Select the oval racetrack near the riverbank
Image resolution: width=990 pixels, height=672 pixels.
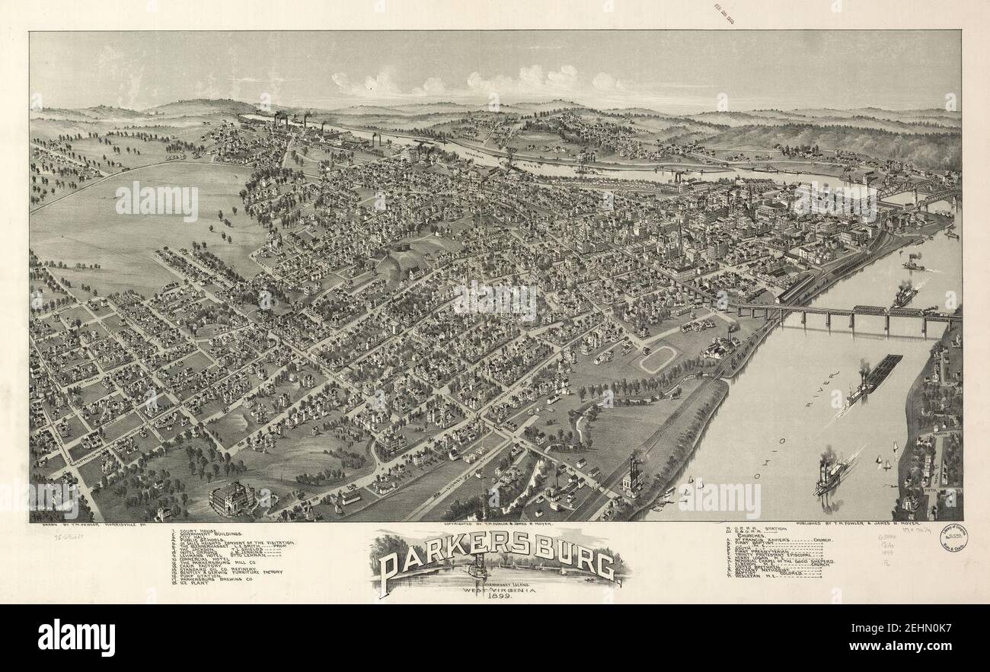pyautogui.click(x=656, y=358)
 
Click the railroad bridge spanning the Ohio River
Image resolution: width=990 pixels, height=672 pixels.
pyautogui.click(x=845, y=312)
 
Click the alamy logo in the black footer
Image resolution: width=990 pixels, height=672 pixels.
pyautogui.click(x=76, y=637)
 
